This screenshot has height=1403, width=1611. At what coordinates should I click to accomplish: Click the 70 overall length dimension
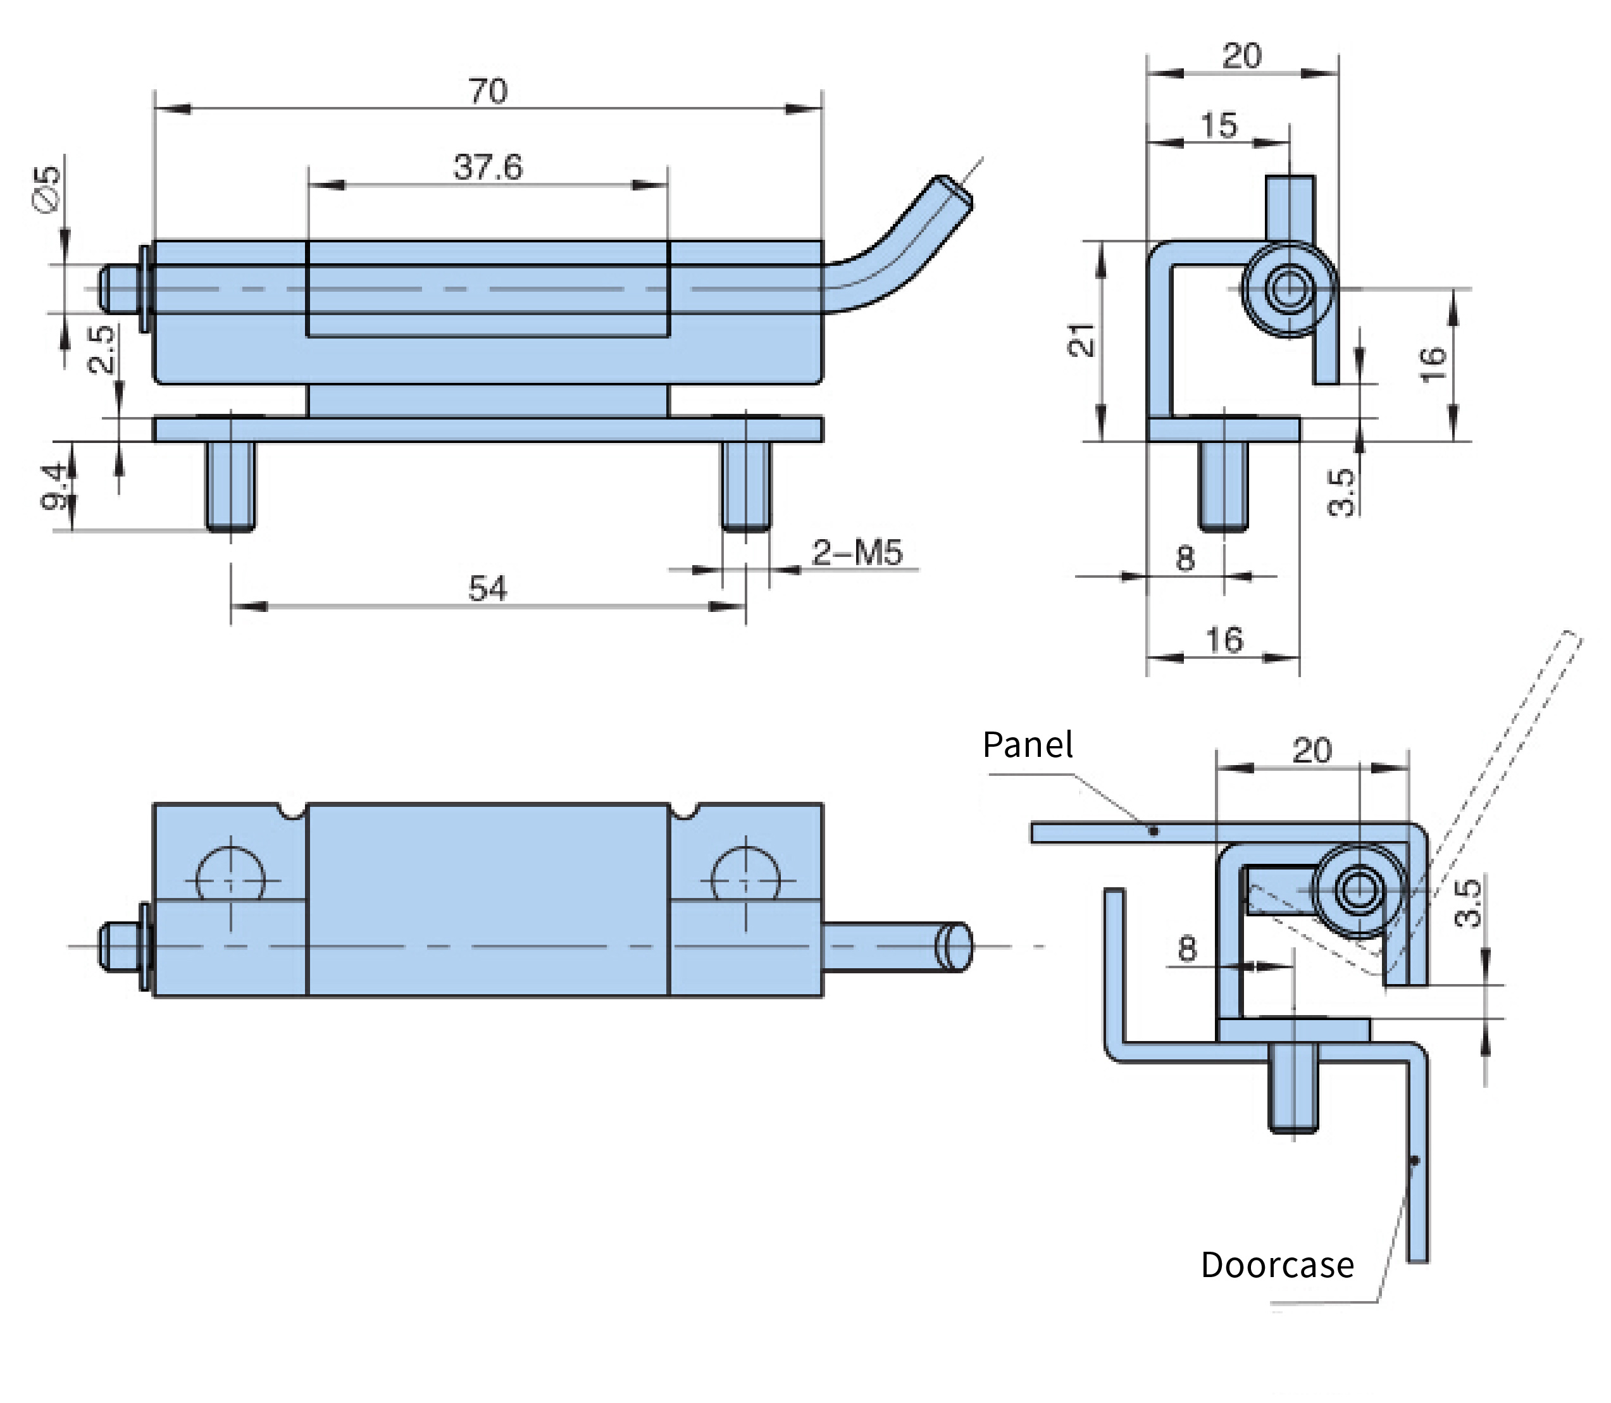(x=488, y=92)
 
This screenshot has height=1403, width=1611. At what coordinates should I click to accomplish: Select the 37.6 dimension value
(x=488, y=168)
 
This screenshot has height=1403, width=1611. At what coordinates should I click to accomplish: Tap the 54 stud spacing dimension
(x=488, y=588)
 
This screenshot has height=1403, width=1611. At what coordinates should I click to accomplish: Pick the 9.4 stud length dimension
(x=56, y=485)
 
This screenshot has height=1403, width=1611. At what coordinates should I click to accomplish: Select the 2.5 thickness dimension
(x=103, y=349)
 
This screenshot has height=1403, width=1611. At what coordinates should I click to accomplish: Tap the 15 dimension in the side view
(x=1218, y=125)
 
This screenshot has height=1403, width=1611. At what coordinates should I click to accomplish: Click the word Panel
(x=1027, y=745)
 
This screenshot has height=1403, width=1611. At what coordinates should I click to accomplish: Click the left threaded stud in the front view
(x=230, y=486)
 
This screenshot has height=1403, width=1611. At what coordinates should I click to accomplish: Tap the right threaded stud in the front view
(x=745, y=486)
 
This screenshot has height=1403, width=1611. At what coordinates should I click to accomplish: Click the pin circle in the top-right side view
(x=1288, y=290)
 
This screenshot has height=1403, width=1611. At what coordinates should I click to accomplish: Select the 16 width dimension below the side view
(x=1224, y=640)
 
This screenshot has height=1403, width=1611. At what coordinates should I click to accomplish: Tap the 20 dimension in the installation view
(x=1312, y=750)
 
